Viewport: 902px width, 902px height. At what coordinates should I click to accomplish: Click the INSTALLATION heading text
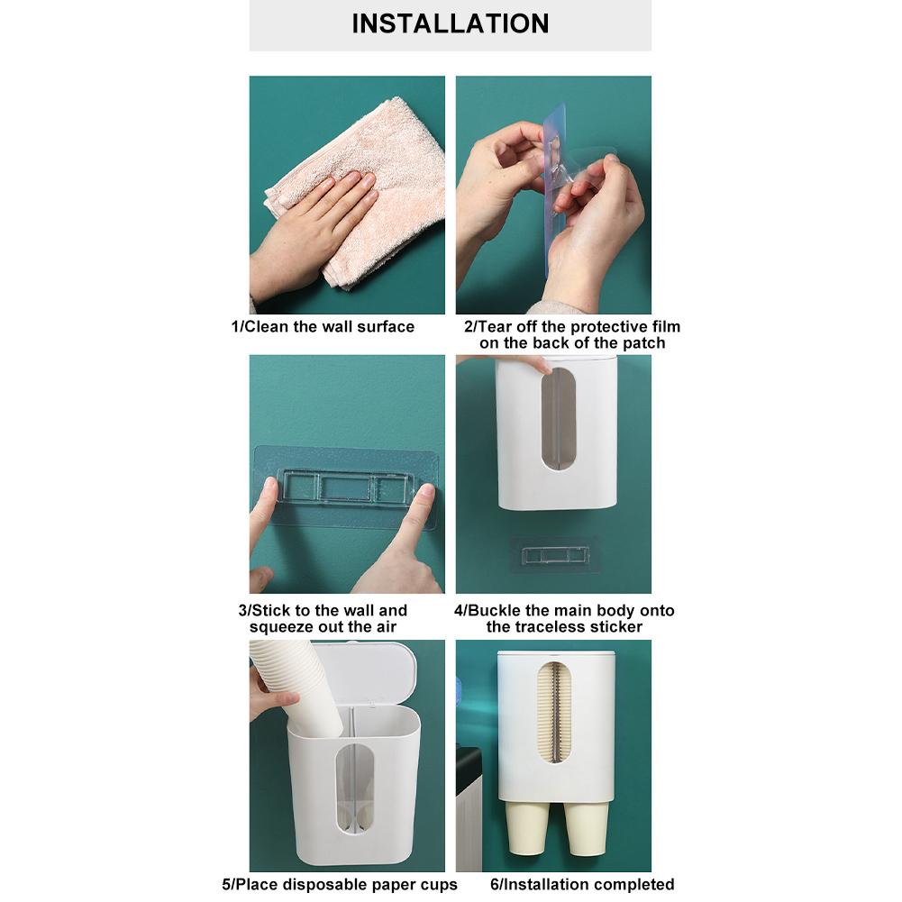(450, 23)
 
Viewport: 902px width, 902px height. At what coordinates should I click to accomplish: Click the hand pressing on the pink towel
(315, 225)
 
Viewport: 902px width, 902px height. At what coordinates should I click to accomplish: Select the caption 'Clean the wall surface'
(323, 326)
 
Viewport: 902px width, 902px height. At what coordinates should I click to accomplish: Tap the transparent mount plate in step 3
(347, 487)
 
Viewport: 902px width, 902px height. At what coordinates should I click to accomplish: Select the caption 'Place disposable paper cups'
(340, 884)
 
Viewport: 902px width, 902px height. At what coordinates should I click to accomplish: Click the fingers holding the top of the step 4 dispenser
(527, 363)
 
